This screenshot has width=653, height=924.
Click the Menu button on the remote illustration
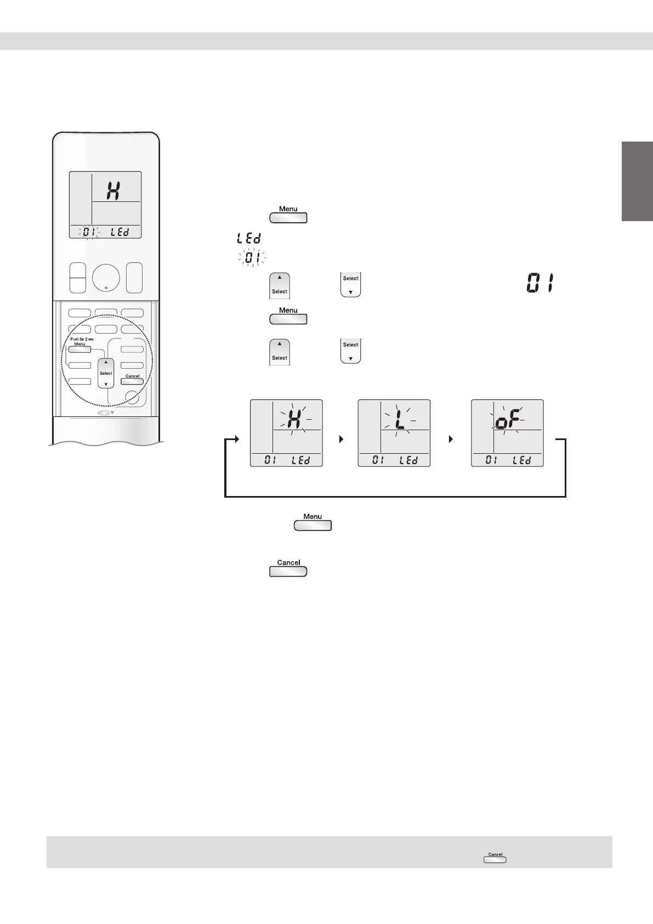[x=80, y=350]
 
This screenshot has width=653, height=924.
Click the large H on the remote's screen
[x=113, y=190]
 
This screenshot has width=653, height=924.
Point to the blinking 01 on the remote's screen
[x=88, y=232]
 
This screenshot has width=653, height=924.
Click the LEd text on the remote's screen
[x=120, y=232]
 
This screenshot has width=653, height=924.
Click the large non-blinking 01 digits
[x=540, y=284]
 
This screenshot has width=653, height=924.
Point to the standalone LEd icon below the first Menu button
[x=248, y=239]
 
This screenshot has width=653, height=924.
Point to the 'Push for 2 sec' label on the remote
[x=82, y=339]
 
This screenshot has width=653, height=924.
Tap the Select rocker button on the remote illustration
[x=106, y=373]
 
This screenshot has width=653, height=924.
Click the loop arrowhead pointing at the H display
[x=236, y=440]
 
